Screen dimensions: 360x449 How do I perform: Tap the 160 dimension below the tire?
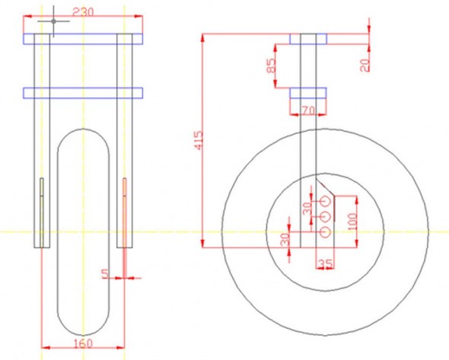83,343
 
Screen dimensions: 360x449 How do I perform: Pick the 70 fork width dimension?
308,110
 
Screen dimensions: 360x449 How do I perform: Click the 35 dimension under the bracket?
325,264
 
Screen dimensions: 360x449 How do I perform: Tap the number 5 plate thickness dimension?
105,271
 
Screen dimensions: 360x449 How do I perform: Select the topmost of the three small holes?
326,200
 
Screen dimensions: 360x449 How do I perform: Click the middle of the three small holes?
326,216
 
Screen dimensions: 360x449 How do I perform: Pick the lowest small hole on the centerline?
326,231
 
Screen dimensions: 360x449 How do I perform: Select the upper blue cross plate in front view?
83,38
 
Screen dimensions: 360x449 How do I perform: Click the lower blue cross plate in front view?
83,93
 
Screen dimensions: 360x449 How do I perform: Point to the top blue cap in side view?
308,38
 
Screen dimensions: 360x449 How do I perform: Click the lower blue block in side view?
308,93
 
